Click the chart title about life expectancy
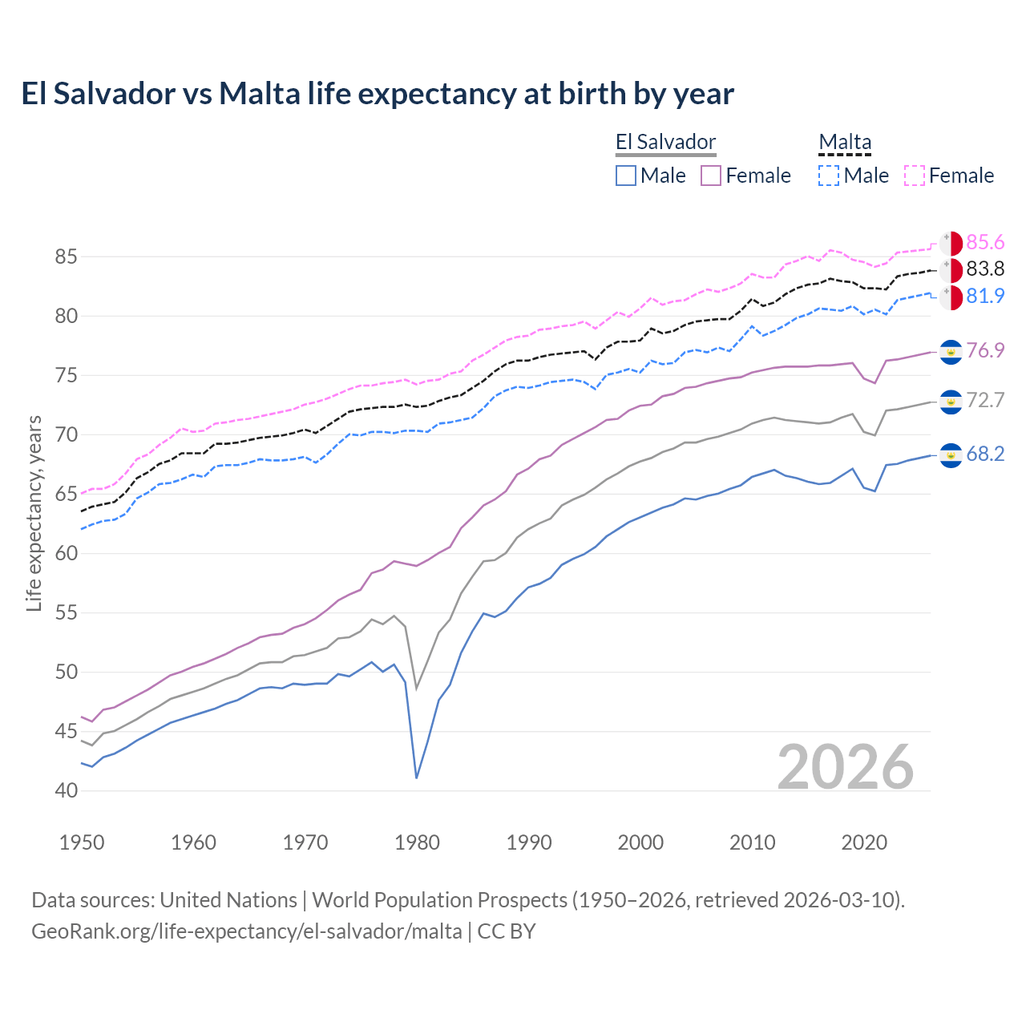coord(378,94)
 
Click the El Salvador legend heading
coord(665,142)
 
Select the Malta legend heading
coord(845,142)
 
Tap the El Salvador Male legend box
coord(626,176)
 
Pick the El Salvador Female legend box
coord(711,176)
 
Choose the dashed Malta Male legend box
coord(829,176)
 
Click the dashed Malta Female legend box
coord(915,176)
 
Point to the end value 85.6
coord(985,242)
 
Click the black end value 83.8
coord(985,269)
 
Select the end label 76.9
coord(985,350)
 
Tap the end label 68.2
coord(985,454)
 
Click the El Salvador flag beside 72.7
coord(951,402)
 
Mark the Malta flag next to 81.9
coord(951,297)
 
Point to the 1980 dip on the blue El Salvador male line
coord(417,777)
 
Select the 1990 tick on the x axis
coord(529,842)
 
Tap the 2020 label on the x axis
coord(864,842)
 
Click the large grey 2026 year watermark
coord(845,767)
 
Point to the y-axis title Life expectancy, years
coord(34,513)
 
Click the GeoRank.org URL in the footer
coord(247,931)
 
